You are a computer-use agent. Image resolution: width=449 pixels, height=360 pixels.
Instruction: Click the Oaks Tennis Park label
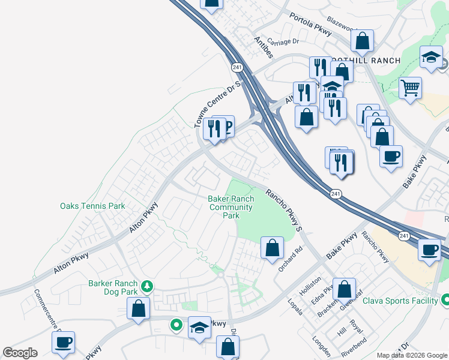click(92, 206)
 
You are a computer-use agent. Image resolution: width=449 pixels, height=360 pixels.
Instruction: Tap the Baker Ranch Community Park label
click(231, 207)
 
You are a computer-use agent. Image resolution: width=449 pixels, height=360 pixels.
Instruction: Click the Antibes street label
click(264, 47)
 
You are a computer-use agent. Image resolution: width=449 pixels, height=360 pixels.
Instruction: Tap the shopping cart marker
click(411, 88)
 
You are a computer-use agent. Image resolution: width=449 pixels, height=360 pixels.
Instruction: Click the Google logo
click(20, 352)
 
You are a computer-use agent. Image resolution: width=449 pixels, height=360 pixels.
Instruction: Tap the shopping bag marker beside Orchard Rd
click(272, 247)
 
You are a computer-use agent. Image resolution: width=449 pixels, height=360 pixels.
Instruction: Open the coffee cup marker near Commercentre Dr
click(63, 342)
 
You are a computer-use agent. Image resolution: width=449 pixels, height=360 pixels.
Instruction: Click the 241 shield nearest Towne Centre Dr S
click(235, 65)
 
